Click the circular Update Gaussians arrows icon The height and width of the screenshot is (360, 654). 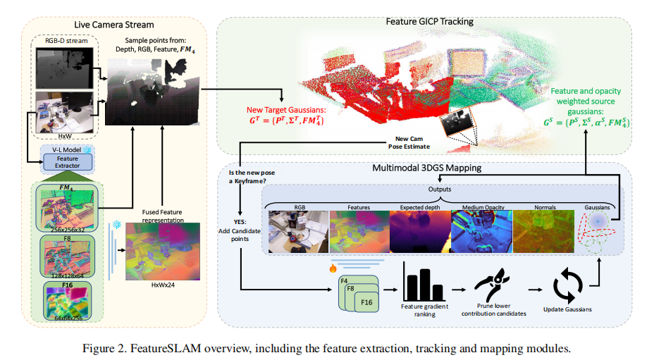coord(567,286)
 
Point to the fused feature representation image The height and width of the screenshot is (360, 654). coord(162,252)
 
